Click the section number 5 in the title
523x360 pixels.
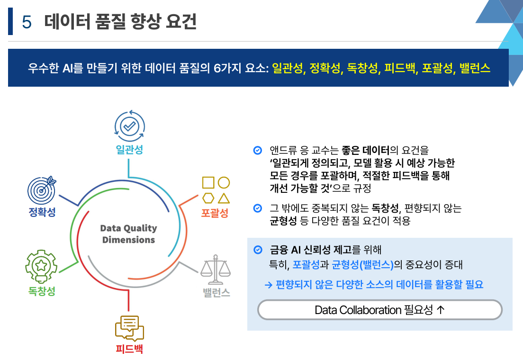coord(27,22)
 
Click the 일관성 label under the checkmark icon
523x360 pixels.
coord(129,150)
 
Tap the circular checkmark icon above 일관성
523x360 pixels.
coord(129,126)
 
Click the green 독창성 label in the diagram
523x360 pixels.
coord(42,291)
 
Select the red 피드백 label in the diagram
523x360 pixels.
coord(129,350)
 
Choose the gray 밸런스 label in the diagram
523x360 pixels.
coord(216,292)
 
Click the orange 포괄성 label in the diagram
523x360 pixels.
coord(215,213)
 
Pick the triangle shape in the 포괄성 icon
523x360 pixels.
coord(224,198)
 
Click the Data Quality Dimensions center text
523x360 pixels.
coord(128,234)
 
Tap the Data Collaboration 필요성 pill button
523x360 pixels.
coord(379,310)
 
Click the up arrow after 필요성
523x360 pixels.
coord(440,310)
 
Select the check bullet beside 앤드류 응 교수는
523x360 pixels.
coord(257,151)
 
